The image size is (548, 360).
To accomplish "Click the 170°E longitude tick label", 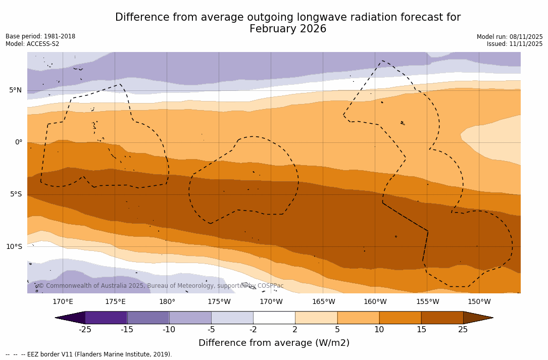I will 63,302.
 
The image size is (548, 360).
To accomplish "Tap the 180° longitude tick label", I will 167,302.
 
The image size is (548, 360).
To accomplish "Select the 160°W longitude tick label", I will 375,302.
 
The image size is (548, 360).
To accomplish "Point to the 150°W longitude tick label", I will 479,302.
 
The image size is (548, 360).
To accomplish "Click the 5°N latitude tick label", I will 15,90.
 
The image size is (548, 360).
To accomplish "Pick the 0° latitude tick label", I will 18,142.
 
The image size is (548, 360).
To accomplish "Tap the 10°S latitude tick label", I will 14,246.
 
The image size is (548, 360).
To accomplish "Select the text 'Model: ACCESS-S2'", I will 32,44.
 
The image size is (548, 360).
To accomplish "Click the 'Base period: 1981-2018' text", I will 40,36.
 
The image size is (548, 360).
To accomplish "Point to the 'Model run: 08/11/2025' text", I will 510,37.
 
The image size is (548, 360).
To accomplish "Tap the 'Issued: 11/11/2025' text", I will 515,44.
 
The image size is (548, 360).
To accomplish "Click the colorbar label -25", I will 85,330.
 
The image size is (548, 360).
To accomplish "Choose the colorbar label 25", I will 463,330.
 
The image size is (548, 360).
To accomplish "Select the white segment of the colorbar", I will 274,318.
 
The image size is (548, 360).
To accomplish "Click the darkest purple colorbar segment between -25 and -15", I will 106,318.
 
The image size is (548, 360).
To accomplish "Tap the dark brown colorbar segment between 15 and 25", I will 442,318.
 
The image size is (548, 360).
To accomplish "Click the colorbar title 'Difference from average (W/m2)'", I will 274,343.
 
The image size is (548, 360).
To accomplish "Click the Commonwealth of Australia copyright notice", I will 161,286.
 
